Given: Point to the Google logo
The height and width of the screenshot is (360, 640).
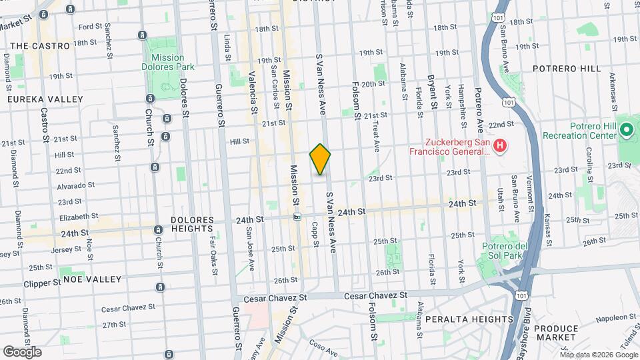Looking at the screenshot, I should coord(22,351).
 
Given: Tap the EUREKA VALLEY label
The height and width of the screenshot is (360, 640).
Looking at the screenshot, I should coord(45,99).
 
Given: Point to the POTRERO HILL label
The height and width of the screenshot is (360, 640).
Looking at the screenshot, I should coord(567,69).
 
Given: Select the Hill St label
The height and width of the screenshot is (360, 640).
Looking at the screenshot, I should coord(239,141).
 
